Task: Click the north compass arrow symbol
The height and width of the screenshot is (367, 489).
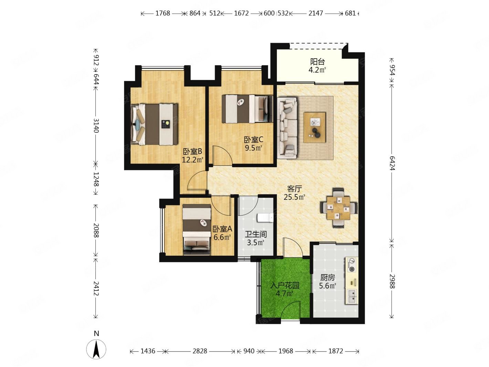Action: (96, 349)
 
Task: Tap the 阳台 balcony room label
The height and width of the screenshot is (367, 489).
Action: (318, 61)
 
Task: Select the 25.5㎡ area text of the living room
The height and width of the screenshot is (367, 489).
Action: (294, 197)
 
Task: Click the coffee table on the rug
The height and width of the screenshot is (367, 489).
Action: (314, 127)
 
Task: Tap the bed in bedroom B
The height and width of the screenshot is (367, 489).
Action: (154, 124)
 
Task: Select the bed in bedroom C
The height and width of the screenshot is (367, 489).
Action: (247, 109)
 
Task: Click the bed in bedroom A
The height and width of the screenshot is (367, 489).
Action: (197, 230)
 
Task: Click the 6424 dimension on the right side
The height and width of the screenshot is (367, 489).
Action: (392, 163)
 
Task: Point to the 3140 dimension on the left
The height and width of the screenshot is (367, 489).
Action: (96, 126)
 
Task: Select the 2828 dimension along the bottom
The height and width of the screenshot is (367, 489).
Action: (200, 351)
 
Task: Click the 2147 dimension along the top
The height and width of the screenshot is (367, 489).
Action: (316, 13)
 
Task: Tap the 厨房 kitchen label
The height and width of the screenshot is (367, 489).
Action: (327, 277)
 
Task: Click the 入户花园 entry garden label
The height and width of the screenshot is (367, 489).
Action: (285, 285)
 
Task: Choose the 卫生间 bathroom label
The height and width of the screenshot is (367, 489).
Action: (256, 234)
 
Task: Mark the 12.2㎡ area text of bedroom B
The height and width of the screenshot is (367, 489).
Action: (193, 160)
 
